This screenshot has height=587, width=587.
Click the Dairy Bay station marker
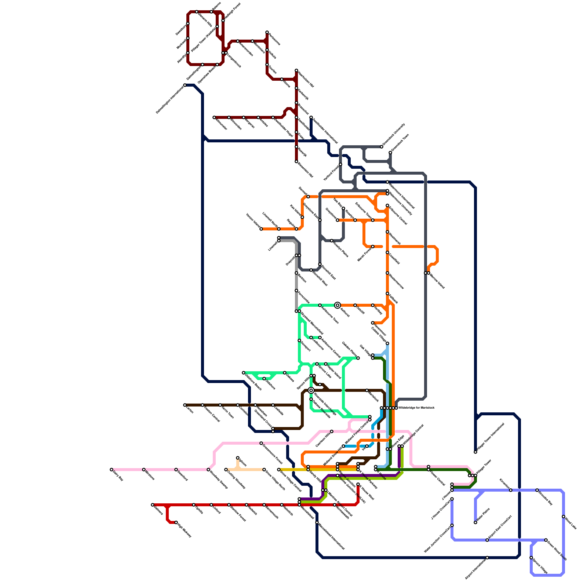(x=112, y=470)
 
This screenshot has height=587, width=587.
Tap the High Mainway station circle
(x=176, y=522)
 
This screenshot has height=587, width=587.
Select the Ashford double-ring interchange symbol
(x=338, y=305)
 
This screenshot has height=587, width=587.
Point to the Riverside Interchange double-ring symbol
(x=311, y=390)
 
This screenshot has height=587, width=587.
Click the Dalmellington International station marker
(x=185, y=85)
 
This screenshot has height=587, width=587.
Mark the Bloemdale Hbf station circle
(x=296, y=161)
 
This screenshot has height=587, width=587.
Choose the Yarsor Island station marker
(x=261, y=229)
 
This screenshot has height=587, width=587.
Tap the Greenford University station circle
(x=382, y=147)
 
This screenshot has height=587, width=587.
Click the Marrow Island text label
(x=437, y=281)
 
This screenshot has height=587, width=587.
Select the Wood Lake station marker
(x=564, y=517)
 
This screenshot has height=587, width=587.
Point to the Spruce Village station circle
(x=531, y=558)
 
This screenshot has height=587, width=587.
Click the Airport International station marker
(x=487, y=558)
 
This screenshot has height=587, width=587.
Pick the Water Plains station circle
(x=475, y=522)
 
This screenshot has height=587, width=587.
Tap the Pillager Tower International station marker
(x=475, y=452)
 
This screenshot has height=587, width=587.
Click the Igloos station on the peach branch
(x=238, y=458)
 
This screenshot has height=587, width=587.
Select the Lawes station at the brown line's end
(x=185, y=405)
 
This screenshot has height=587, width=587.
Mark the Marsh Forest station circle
(x=373, y=247)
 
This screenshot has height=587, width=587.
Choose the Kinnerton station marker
(x=511, y=490)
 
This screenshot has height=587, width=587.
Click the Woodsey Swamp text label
(x=218, y=479)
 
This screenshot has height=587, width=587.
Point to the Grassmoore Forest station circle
(x=261, y=443)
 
